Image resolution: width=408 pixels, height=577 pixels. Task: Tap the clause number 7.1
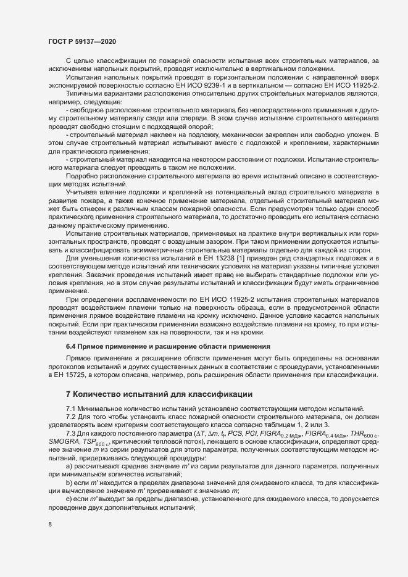pos(71,409)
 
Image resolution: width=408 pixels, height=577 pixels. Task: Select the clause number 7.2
pos(71,417)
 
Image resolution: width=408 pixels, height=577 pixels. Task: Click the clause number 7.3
pos(71,434)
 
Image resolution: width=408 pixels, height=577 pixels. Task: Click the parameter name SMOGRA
pos(63,444)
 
